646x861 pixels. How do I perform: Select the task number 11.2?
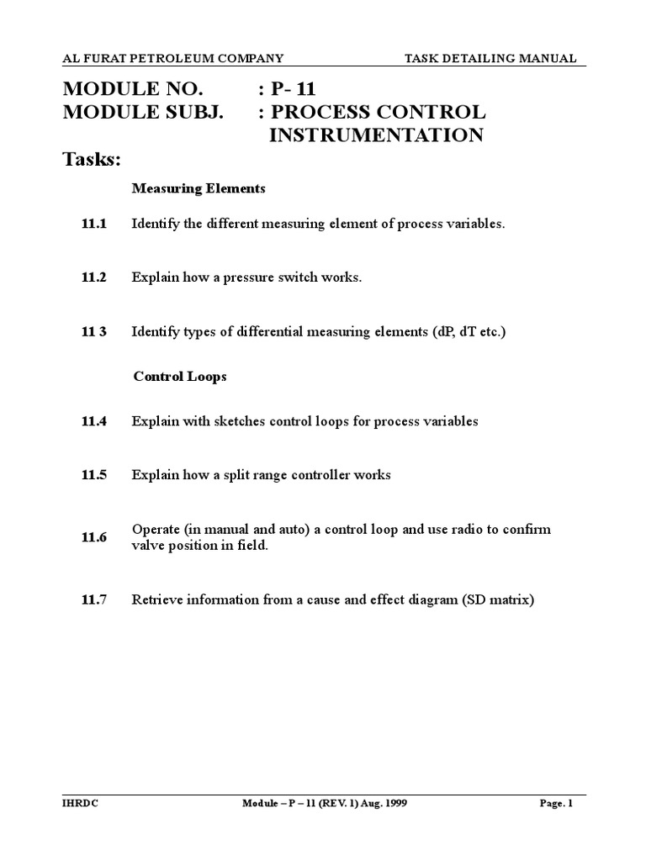click(94, 277)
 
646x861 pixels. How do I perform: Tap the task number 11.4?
click(94, 422)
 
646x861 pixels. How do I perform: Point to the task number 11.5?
click(94, 475)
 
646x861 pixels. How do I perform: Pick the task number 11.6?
click(94, 538)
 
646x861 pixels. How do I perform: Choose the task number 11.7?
click(94, 600)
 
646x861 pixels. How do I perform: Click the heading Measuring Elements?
click(199, 189)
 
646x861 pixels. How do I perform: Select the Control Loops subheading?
click(180, 377)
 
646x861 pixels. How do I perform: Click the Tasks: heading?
click(93, 161)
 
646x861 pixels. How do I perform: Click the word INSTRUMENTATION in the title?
click(376, 135)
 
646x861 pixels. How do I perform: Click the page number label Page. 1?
click(555, 804)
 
